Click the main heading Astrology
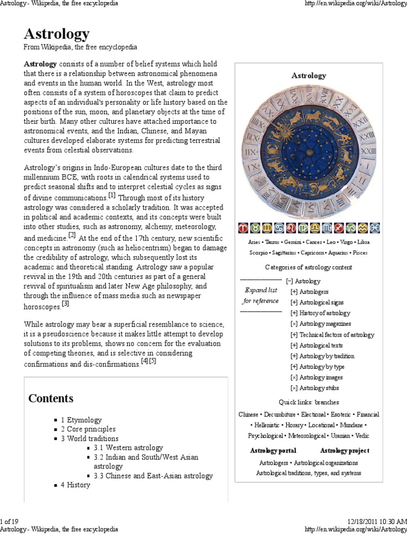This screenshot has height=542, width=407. pos(56,34)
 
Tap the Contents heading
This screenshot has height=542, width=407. pos(51,399)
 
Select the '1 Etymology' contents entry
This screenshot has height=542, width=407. pos(81,420)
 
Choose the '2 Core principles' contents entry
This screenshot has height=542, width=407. pos(87,429)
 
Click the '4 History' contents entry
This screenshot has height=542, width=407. pos(75,484)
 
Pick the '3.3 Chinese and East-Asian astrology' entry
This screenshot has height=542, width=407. pos(153,475)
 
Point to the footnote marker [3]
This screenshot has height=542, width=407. pos(65,304)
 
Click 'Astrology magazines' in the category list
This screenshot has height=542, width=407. pos(325,324)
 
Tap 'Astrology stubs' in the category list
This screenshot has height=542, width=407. pos(319,388)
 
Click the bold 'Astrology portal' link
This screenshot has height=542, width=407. pos(273,451)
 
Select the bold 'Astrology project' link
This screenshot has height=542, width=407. pos(344,451)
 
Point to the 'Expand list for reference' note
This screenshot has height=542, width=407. pos(261,295)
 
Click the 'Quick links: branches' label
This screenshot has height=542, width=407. pos(308,402)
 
